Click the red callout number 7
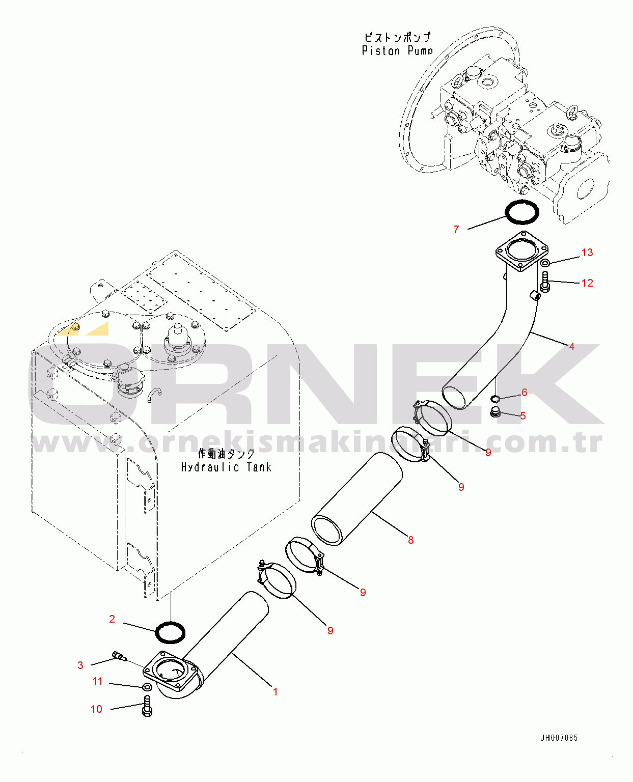tap(456, 230)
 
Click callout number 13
tap(587, 253)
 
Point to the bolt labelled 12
tap(545, 282)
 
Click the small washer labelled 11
tap(147, 687)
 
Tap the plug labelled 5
tap(496, 412)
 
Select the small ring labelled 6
tap(496, 399)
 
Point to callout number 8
tap(410, 540)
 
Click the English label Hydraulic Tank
tap(226, 467)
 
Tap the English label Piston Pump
tap(397, 50)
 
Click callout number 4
tap(571, 346)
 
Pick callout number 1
tap(275, 692)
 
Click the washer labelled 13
tap(545, 262)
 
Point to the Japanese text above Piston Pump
tap(397, 37)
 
